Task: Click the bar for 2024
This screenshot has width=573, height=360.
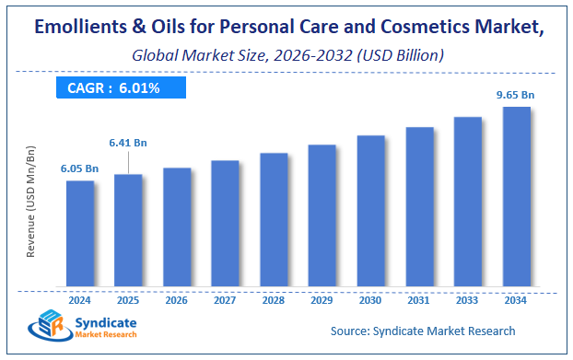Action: point(79,233)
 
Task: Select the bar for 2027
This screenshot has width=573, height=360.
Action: point(225,223)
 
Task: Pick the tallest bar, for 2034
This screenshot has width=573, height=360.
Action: point(516,196)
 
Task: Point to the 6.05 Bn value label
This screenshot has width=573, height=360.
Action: point(79,168)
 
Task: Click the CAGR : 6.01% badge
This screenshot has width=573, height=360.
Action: point(119,88)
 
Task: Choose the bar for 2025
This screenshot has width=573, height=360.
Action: point(129,229)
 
